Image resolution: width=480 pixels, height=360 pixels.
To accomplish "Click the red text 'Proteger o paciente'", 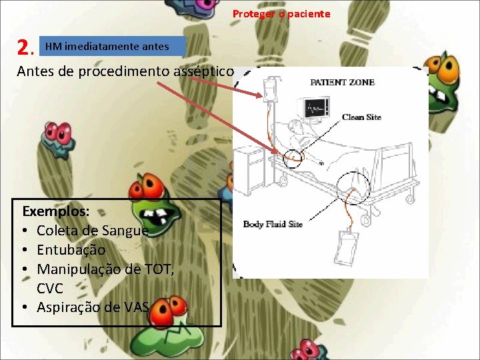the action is (281, 14).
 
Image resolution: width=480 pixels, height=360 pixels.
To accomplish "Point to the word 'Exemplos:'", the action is (56, 211).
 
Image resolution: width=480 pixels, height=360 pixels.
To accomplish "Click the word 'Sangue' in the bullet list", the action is (129, 231).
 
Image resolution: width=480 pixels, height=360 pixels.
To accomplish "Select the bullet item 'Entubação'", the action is (71, 250).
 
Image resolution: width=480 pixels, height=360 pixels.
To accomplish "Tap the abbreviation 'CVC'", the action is (50, 288).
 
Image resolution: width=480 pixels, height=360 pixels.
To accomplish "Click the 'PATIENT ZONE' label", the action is (343, 83).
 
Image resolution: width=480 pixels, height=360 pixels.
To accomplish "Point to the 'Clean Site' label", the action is (361, 117).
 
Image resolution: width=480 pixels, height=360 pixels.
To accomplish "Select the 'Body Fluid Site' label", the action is (273, 224).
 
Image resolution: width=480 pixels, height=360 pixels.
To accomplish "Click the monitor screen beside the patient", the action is (316, 108).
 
